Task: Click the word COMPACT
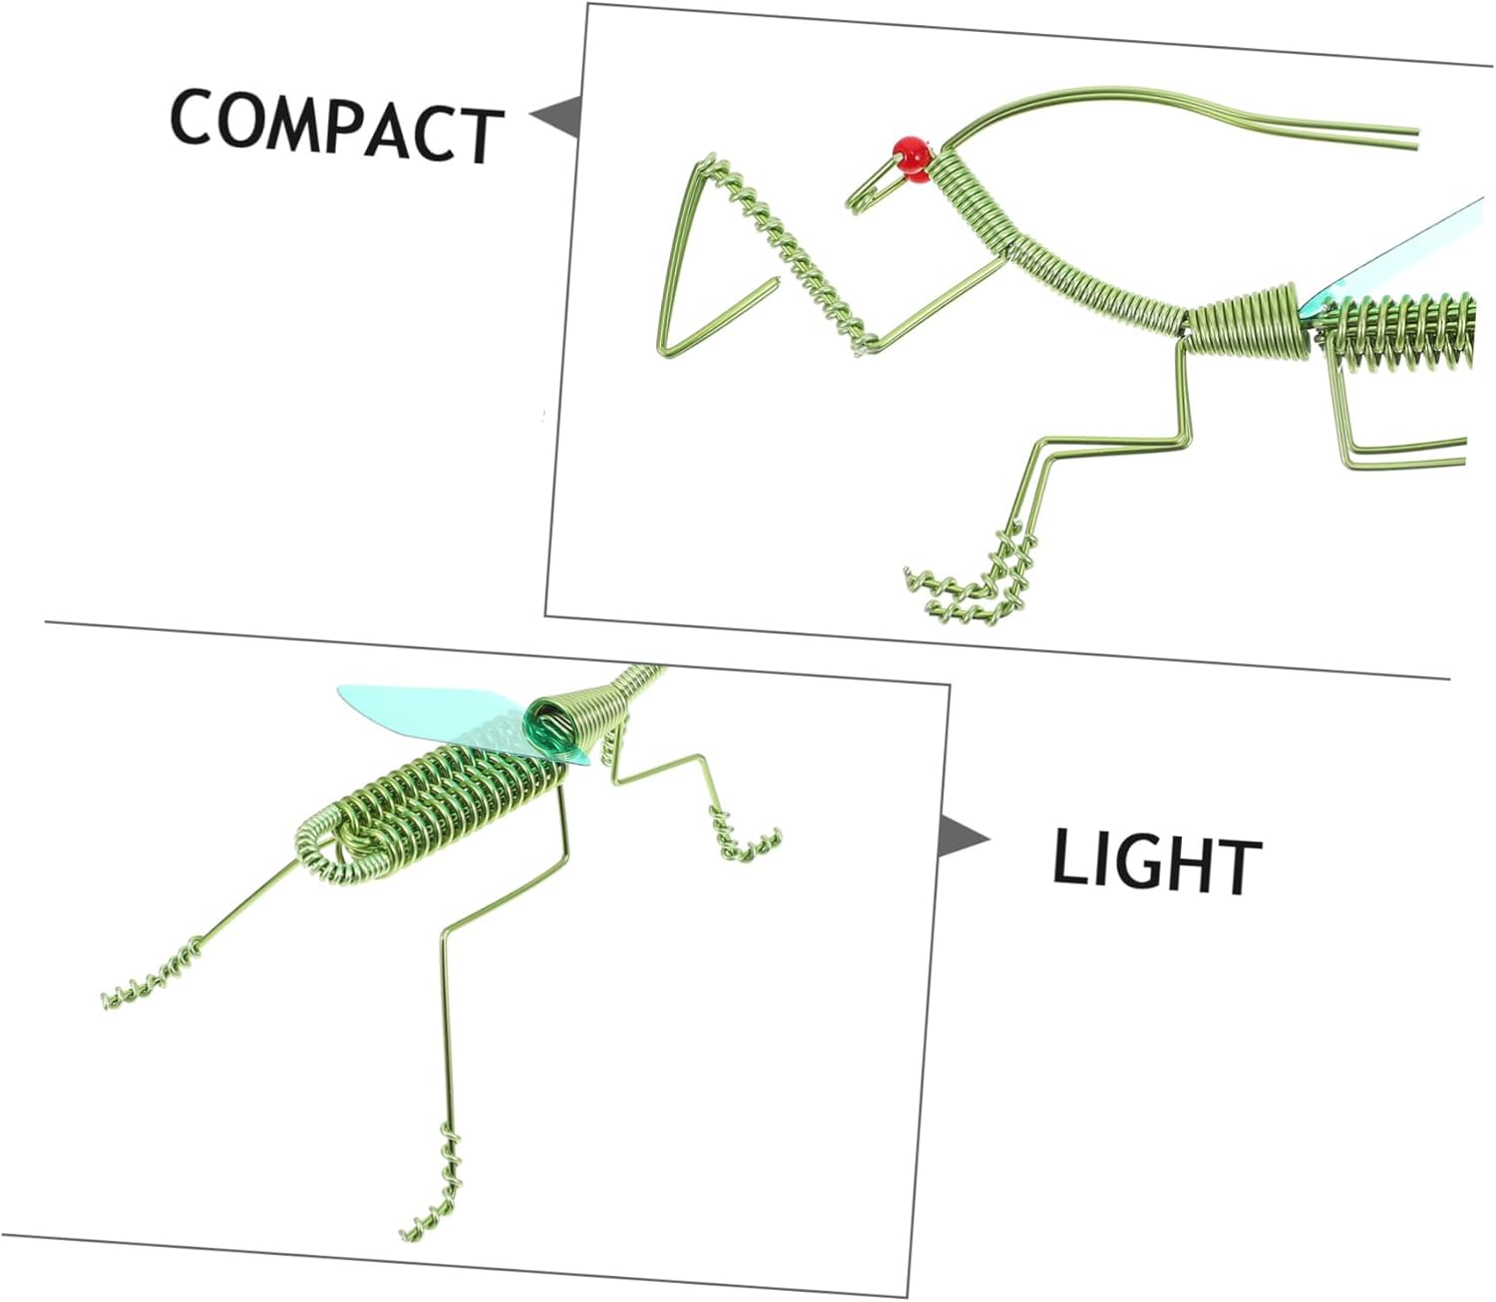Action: point(337,126)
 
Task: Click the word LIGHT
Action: point(1157,865)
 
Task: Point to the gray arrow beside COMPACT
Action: point(557,117)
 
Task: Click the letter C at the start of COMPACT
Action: point(192,116)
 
